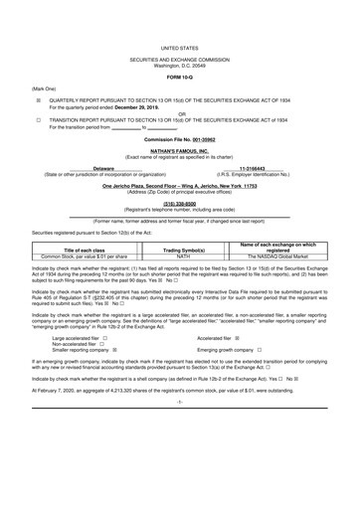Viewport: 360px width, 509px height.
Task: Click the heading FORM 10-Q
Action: tap(180, 77)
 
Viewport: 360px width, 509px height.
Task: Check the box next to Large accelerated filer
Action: tap(105, 366)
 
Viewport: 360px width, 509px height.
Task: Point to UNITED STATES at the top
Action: tap(180, 47)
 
